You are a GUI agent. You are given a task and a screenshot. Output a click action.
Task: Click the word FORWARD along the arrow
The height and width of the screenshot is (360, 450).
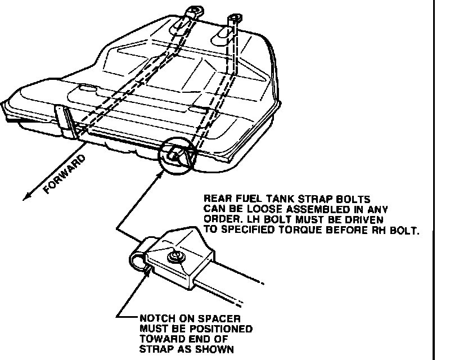coord(64,174)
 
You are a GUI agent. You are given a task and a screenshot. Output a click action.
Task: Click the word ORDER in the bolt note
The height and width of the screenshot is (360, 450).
coord(220,218)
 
